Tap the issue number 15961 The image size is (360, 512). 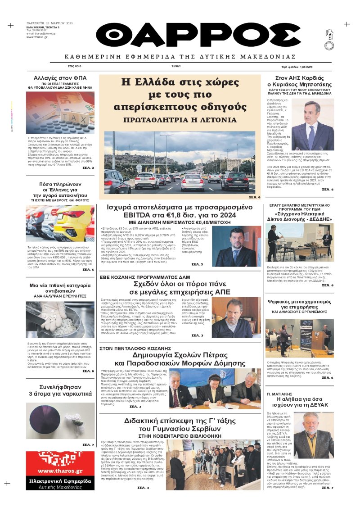click(x=176, y=66)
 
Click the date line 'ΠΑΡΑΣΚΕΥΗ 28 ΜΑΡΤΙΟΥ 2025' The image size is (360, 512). click(x=49, y=22)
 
